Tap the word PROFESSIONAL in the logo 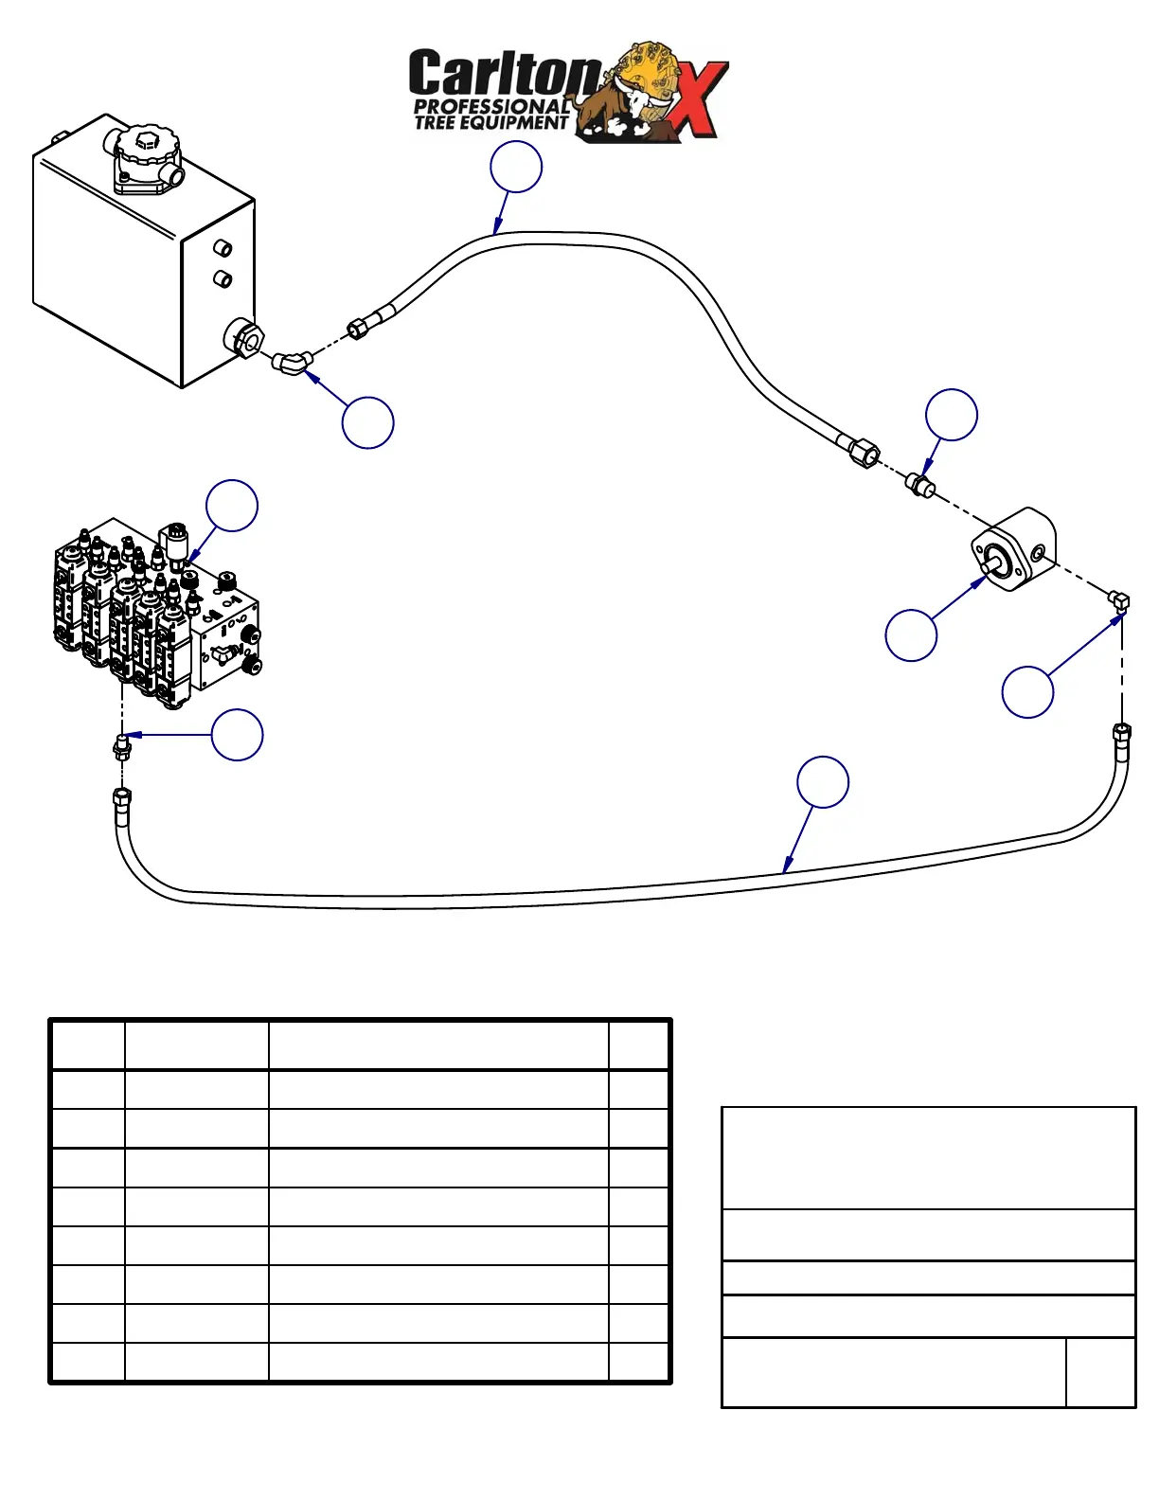tap(491, 107)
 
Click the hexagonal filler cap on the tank tap(145, 145)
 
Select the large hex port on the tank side tap(243, 339)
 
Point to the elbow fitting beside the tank tap(292, 363)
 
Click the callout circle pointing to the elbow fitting tap(367, 422)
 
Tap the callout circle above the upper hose tap(516, 167)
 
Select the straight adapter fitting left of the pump tap(918, 485)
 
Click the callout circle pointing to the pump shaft tap(911, 634)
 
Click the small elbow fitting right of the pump tap(1119, 599)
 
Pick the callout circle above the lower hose tap(823, 782)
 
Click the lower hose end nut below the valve tap(122, 796)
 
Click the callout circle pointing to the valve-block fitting tap(237, 735)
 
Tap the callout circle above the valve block tap(232, 506)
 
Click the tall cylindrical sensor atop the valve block tap(175, 542)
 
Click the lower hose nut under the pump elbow tap(1121, 732)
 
